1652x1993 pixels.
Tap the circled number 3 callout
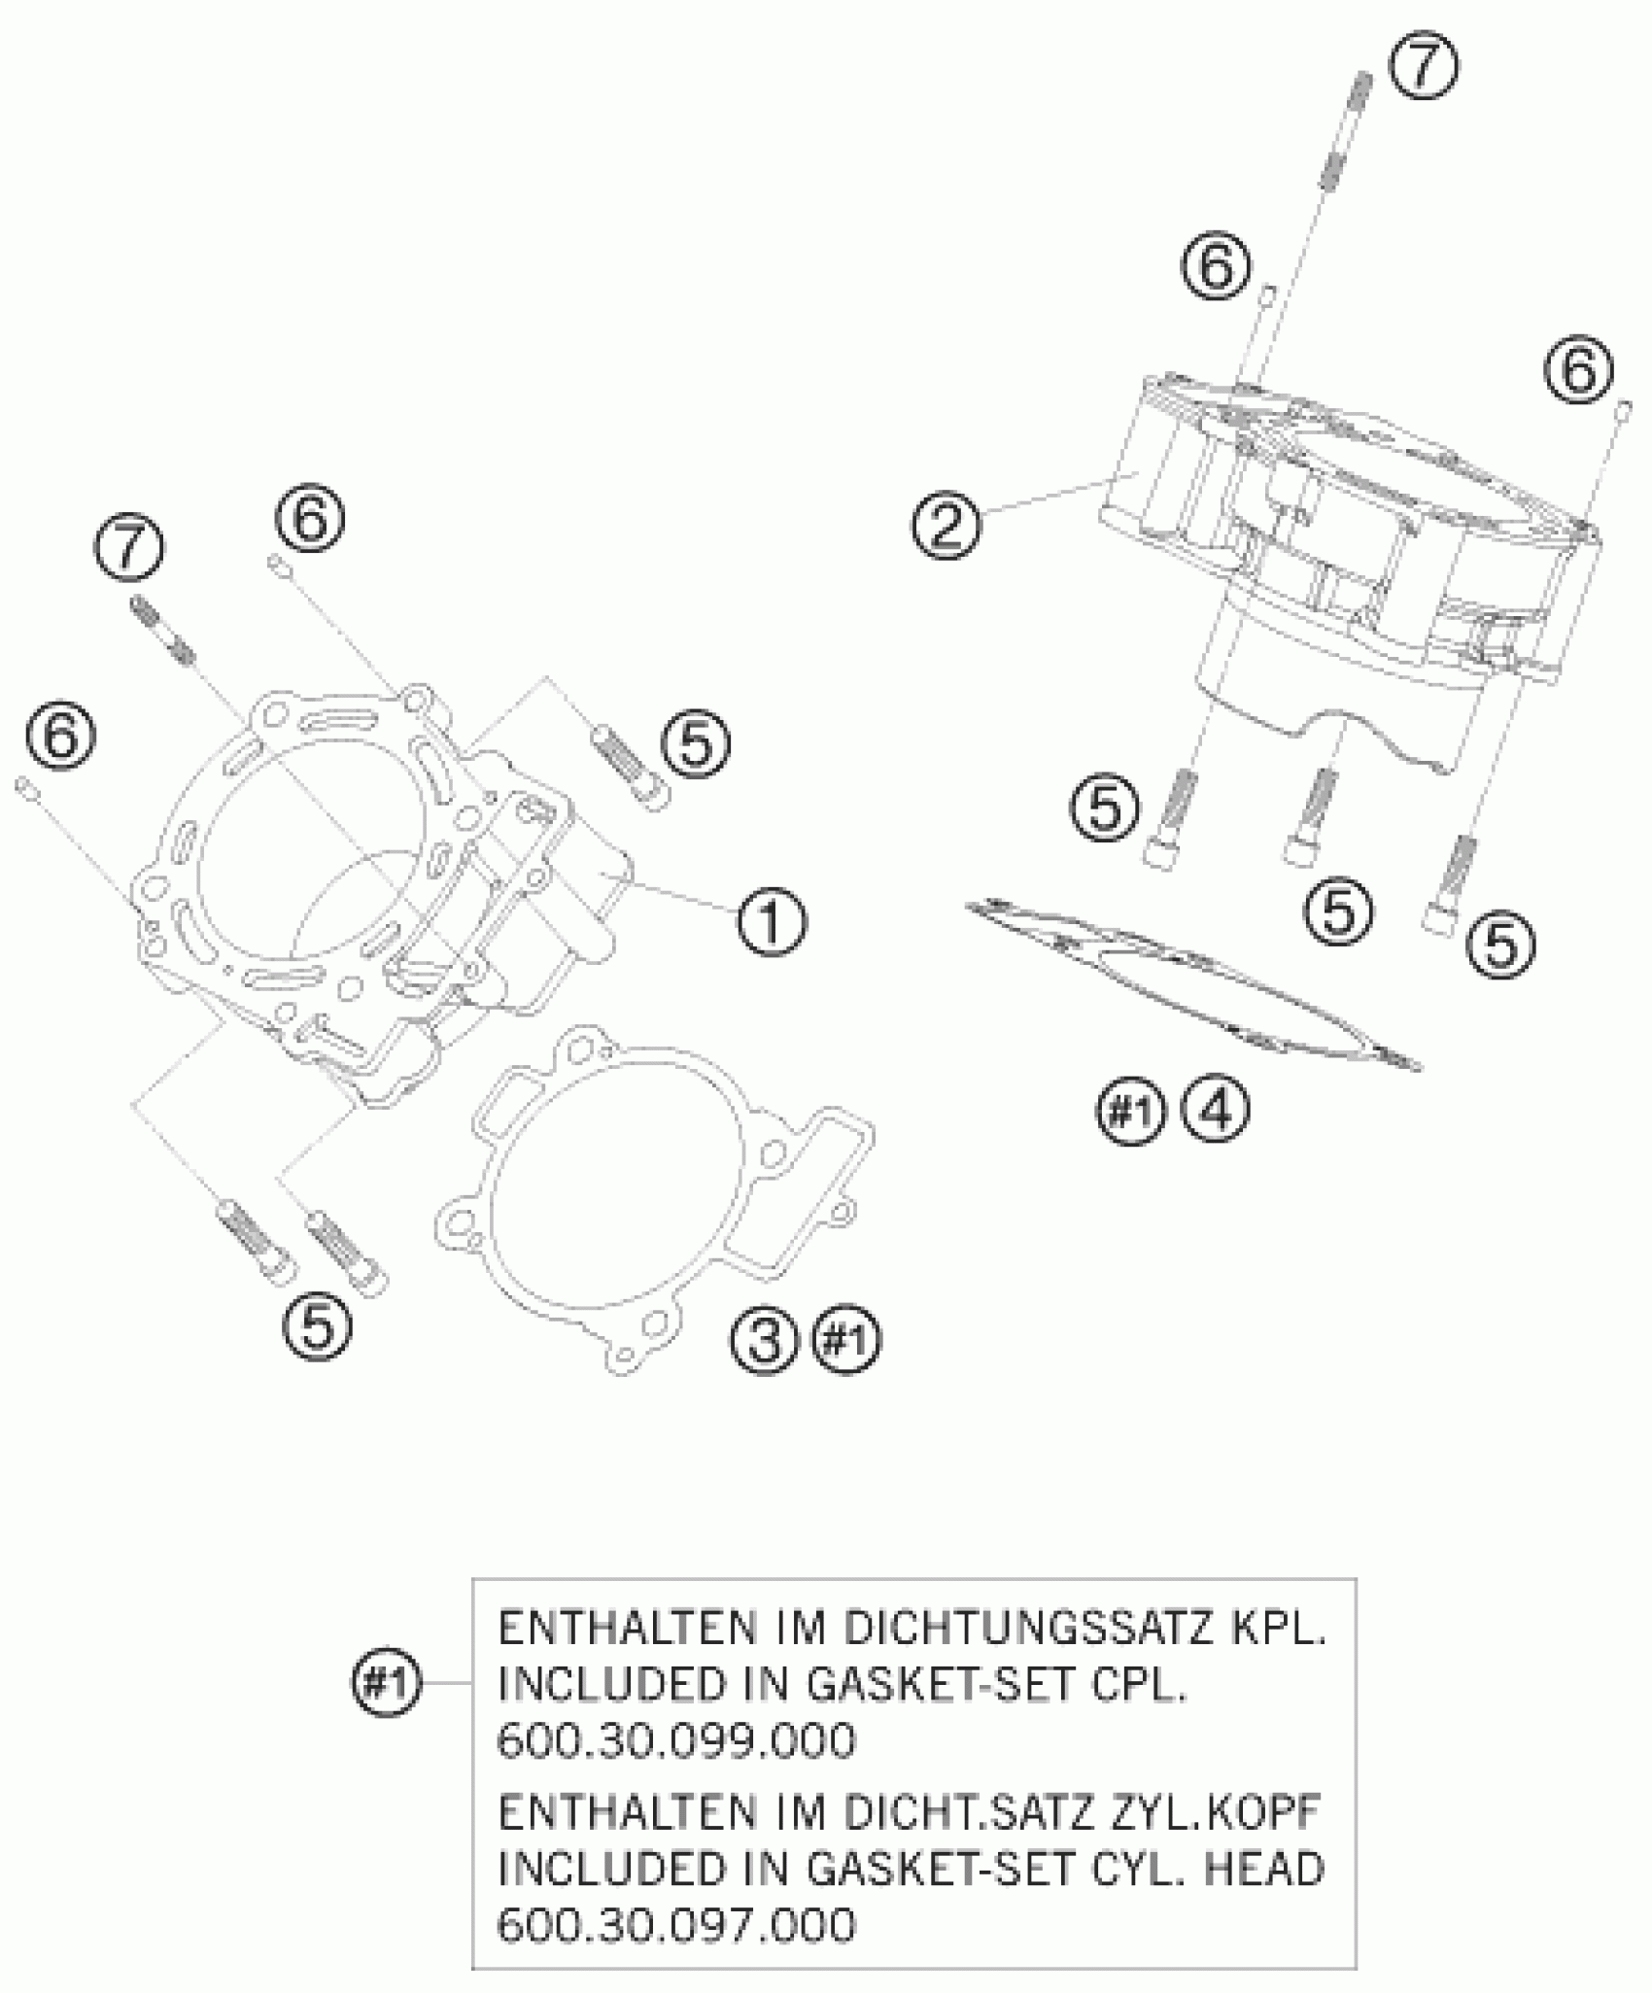pyautogui.click(x=764, y=1341)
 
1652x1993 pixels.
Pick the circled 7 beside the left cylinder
pyautogui.click(x=129, y=549)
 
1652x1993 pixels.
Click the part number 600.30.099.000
pyautogui.click(x=676, y=1740)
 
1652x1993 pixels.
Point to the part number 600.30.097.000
pyautogui.click(x=676, y=1925)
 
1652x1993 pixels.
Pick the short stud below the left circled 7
pyautogui.click(x=165, y=618)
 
